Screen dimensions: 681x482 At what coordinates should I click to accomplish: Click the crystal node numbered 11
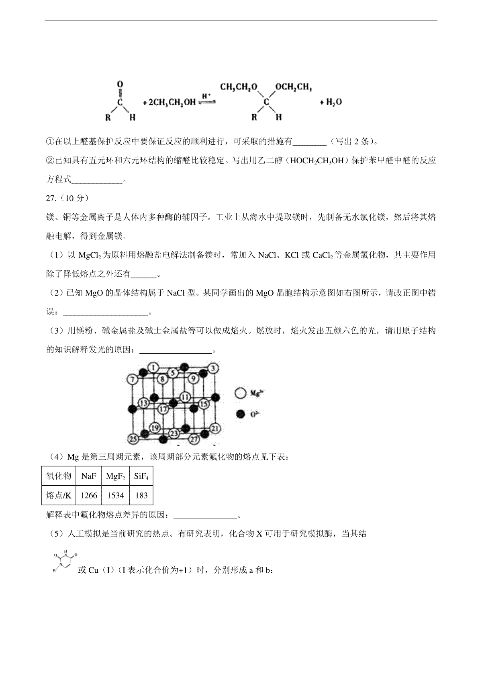[185, 397]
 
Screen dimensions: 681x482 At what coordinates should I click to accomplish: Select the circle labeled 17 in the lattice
[163, 409]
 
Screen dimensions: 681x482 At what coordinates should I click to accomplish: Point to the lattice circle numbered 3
[213, 368]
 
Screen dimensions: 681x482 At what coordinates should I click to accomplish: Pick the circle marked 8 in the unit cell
[162, 378]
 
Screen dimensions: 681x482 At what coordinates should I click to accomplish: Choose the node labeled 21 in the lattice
[215, 428]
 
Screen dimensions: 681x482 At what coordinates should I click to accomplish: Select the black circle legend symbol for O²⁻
[241, 414]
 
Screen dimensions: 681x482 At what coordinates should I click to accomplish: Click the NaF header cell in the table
[89, 476]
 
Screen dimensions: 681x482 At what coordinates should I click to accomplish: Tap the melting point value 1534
[115, 496]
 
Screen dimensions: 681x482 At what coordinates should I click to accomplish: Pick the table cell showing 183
[141, 496]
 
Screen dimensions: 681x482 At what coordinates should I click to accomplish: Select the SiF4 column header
[141, 476]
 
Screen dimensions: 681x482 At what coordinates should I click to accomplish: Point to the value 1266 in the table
[89, 496]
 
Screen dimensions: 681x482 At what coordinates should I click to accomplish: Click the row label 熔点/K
[59, 496]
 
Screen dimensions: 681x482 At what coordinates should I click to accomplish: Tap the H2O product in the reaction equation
[333, 102]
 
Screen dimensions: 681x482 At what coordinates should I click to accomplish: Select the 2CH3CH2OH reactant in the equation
[169, 102]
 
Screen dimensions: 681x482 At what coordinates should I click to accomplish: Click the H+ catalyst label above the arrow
[206, 96]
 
